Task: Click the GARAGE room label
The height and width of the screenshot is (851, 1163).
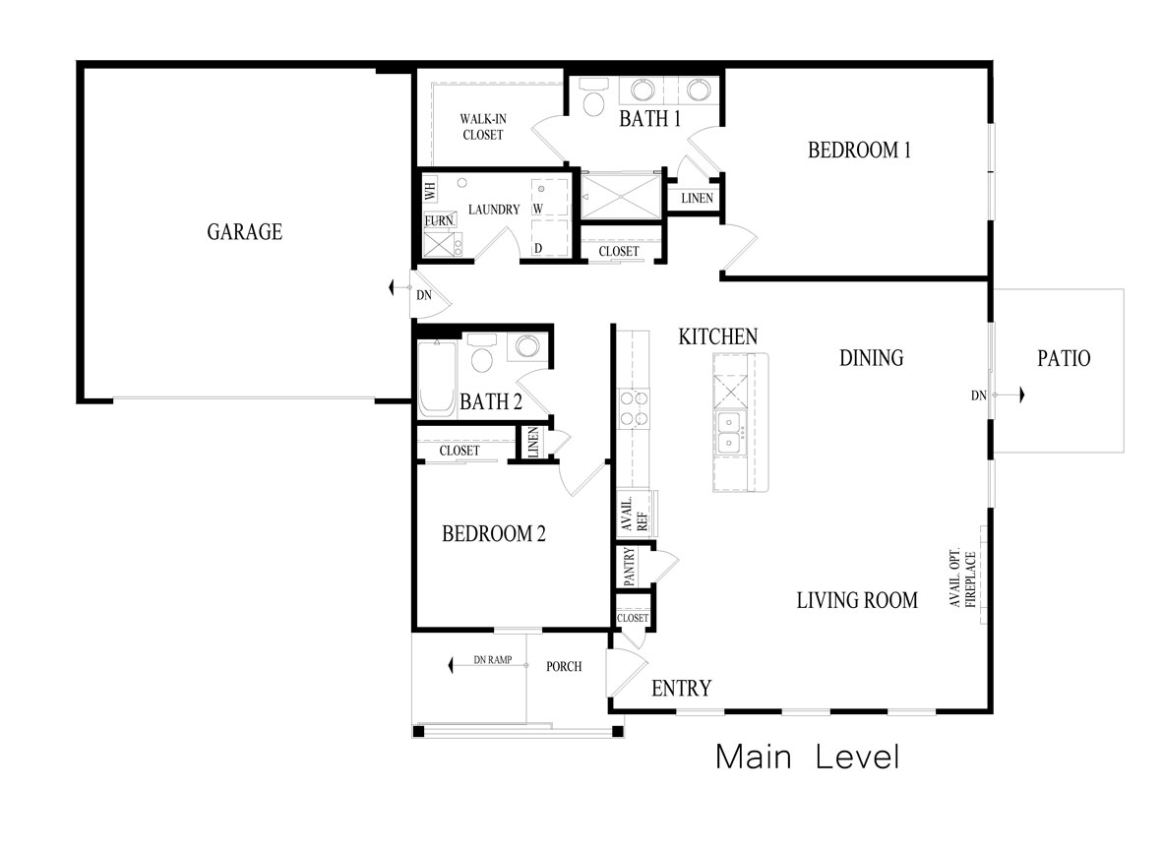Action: point(244,232)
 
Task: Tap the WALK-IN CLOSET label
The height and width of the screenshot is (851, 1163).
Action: point(483,127)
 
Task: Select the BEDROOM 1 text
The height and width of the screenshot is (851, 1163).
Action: point(859,150)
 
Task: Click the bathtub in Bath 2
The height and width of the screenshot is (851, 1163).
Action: point(436,379)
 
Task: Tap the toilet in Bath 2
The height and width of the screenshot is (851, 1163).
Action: point(482,354)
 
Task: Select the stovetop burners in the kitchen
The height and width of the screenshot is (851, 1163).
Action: point(634,409)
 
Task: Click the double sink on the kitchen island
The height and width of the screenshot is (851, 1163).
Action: point(730,433)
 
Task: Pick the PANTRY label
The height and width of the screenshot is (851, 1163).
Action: point(629,567)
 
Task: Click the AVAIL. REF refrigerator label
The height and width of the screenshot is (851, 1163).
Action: point(635,515)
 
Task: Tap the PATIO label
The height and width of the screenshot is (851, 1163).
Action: point(1064,358)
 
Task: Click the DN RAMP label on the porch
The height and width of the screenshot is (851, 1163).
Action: point(493,659)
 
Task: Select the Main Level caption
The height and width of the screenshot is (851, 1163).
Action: point(807,757)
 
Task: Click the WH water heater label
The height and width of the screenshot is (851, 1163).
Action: point(430,189)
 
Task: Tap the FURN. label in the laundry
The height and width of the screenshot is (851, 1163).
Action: point(440,221)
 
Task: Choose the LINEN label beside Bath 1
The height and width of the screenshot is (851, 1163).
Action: point(697,198)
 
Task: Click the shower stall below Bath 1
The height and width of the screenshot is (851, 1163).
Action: point(620,197)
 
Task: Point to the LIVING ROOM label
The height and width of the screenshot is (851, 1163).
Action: point(857,600)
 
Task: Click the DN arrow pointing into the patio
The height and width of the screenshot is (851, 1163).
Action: point(1008,395)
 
